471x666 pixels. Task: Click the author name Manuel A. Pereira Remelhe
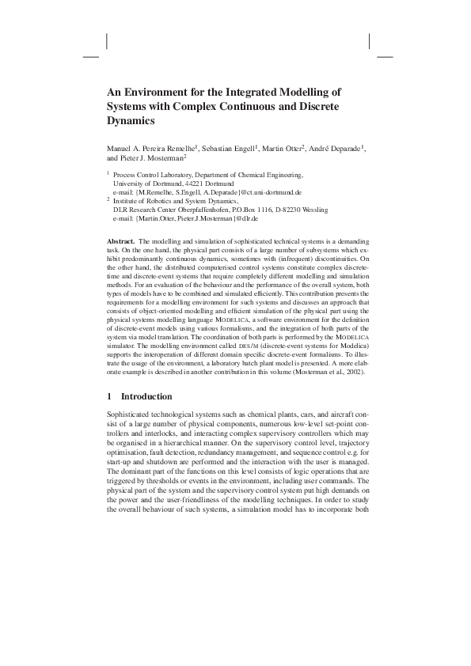tap(154, 149)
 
